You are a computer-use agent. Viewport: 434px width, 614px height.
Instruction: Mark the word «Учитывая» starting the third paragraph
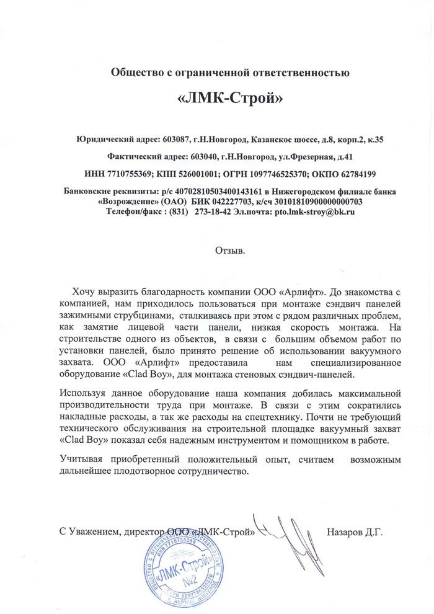[x=81, y=460]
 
